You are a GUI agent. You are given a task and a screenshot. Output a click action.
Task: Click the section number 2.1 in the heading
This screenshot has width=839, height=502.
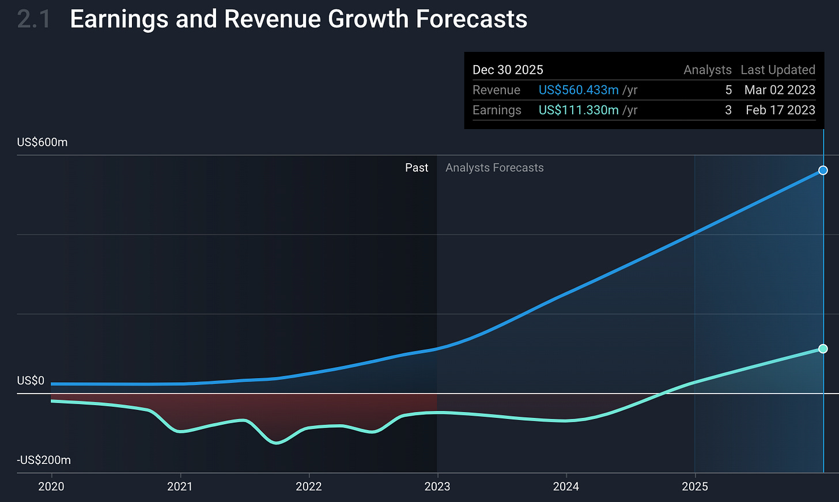pyautogui.click(x=33, y=19)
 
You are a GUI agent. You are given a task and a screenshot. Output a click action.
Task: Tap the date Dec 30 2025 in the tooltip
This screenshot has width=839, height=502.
pyautogui.click(x=508, y=70)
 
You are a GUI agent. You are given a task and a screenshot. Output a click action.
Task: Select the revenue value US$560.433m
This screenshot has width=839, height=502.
pyautogui.click(x=579, y=90)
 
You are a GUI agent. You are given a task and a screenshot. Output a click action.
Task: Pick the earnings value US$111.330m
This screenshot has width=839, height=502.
pyautogui.click(x=579, y=110)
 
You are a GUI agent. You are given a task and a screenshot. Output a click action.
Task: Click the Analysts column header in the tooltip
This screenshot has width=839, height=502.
pyautogui.click(x=707, y=70)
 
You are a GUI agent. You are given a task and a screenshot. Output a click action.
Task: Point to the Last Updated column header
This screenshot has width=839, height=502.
pyautogui.click(x=777, y=70)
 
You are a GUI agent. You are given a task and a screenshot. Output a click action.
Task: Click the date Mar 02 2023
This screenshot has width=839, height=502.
pyautogui.click(x=780, y=90)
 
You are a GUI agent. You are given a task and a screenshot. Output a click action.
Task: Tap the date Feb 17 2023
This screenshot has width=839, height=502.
pyautogui.click(x=780, y=110)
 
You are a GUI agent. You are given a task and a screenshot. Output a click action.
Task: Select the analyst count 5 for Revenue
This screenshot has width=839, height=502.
pyautogui.click(x=728, y=90)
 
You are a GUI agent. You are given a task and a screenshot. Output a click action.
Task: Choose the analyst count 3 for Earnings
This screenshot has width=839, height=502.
pyautogui.click(x=728, y=110)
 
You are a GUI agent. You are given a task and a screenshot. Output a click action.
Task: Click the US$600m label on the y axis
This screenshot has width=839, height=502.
pyautogui.click(x=42, y=142)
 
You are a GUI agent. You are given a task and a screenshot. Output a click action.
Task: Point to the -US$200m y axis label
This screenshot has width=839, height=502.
pyautogui.click(x=44, y=460)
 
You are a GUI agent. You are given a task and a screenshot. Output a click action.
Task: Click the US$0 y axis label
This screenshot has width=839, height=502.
pyautogui.click(x=31, y=381)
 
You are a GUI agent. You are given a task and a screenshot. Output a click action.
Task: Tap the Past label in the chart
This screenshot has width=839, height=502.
pyautogui.click(x=417, y=168)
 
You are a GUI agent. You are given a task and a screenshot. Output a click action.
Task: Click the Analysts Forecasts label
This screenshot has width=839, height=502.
pyautogui.click(x=494, y=168)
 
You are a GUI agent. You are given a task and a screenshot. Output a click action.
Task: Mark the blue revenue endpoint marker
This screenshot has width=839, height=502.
pyautogui.click(x=823, y=170)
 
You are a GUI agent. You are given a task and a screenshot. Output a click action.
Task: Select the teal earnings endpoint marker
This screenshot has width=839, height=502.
pyautogui.click(x=823, y=349)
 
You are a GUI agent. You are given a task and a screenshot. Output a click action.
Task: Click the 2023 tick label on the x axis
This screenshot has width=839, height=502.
pyautogui.click(x=437, y=486)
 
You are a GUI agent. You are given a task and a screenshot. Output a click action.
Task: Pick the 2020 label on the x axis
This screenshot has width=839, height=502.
pyautogui.click(x=51, y=486)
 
